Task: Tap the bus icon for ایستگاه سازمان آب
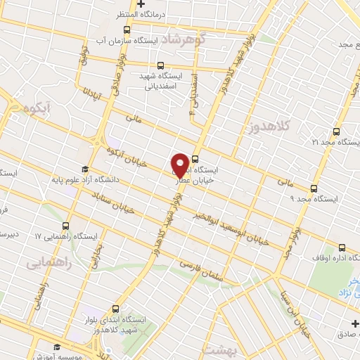pyautogui.click(x=127, y=30)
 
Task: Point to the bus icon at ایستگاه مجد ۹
pyautogui.click(x=314, y=188)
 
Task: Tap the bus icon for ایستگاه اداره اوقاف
pyautogui.click(x=342, y=247)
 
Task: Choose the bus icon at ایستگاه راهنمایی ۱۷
pyautogui.click(x=65, y=226)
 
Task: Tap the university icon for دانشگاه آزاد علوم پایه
pyautogui.click(x=85, y=169)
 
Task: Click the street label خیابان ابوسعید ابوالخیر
pyautogui.click(x=232, y=229)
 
